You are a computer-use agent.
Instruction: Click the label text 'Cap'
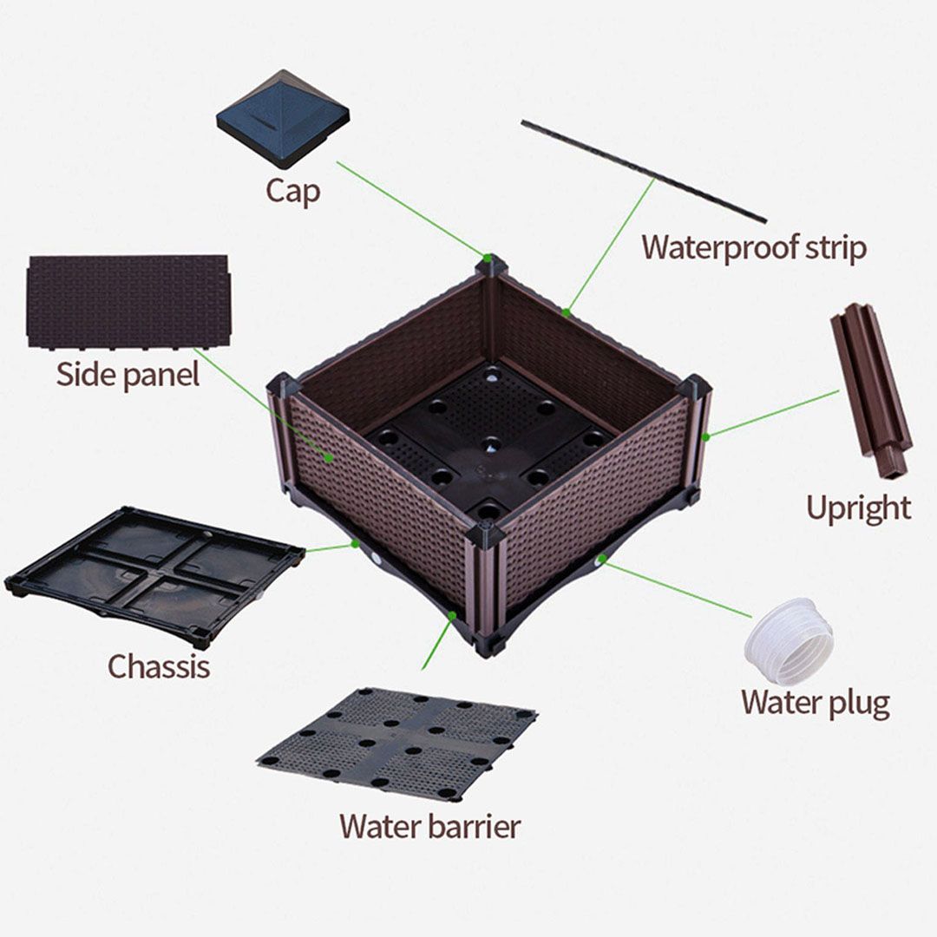pyautogui.click(x=292, y=192)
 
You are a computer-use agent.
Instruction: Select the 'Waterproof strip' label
pyautogui.click(x=754, y=248)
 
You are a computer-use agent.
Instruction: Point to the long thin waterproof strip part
pyautogui.click(x=644, y=171)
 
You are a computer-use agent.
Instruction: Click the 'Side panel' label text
pyautogui.click(x=128, y=376)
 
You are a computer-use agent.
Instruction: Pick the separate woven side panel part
pyautogui.click(x=128, y=303)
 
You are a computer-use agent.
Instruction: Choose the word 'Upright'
pyautogui.click(x=859, y=509)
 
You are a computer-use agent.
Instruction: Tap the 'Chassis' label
pyautogui.click(x=159, y=666)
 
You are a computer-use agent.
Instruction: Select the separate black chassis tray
pyautogui.click(x=154, y=575)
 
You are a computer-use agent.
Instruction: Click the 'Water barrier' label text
pyautogui.click(x=430, y=827)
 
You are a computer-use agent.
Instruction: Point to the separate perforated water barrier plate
pyautogui.click(x=396, y=744)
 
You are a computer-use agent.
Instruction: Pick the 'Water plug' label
pyautogui.click(x=816, y=703)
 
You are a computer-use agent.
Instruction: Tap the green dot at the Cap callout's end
pyautogui.click(x=488, y=259)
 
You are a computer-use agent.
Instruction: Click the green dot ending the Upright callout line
pyautogui.click(x=705, y=436)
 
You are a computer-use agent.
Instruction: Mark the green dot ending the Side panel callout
pyautogui.click(x=330, y=458)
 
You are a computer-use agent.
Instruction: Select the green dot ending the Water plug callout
pyautogui.click(x=602, y=559)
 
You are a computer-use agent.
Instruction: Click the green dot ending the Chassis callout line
pyautogui.click(x=356, y=543)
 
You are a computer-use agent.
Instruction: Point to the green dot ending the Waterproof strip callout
pyautogui.click(x=566, y=311)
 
